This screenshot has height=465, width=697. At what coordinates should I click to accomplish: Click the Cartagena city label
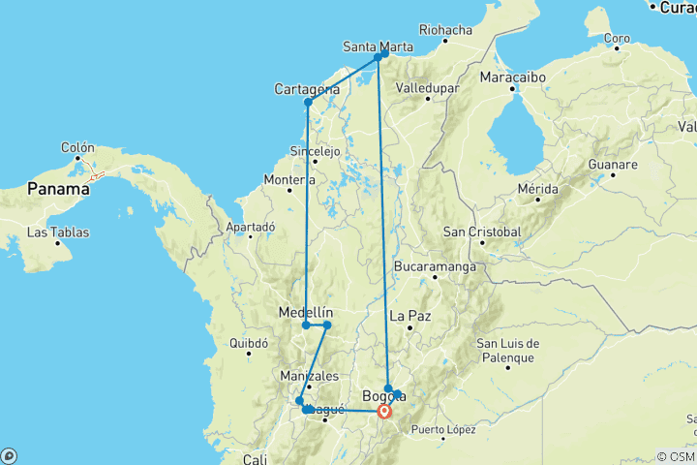306,89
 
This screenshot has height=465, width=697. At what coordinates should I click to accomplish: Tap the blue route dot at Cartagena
308,102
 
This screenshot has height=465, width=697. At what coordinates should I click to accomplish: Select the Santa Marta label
379,46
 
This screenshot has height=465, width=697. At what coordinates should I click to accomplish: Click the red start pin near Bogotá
384,411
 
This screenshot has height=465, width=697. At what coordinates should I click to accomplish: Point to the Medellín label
305,312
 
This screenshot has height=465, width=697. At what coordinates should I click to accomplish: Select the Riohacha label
444,29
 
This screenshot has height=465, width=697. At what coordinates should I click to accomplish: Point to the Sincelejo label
316,151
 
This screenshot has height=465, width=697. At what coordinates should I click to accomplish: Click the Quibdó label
249,342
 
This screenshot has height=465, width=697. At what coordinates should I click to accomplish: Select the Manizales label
309,375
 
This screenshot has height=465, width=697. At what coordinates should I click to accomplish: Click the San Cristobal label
481,232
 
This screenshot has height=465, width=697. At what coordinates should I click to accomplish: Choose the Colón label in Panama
77,148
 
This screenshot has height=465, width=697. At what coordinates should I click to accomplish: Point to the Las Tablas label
54,232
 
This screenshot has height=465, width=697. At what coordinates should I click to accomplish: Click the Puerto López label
443,429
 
